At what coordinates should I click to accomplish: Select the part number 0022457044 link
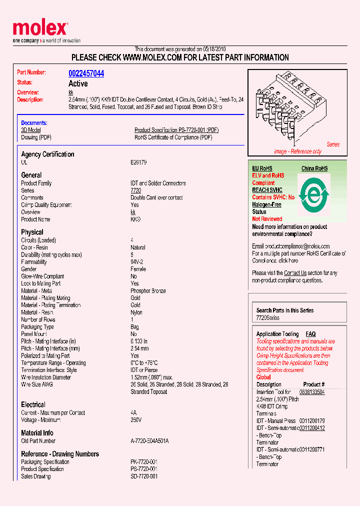pyautogui.click(x=86, y=73)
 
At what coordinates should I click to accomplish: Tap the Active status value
pyautogui.click(x=78, y=83)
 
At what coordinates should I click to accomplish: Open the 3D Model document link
pyautogui.click(x=30, y=130)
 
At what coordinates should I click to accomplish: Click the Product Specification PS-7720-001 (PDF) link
pyautogui.click(x=176, y=130)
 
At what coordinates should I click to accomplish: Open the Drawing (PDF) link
pyautogui.click(x=36, y=137)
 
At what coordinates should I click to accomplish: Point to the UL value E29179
pyautogui.click(x=138, y=162)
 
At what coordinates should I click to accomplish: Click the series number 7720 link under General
pyautogui.click(x=135, y=190)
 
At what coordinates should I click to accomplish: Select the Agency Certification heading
pyautogui.click(x=47, y=154)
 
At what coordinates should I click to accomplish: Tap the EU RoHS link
pyautogui.click(x=262, y=168)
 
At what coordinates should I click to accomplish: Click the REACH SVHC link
pyautogui.click(x=267, y=190)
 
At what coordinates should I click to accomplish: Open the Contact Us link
pyautogui.click(x=295, y=273)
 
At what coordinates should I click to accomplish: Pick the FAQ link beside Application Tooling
pyautogui.click(x=310, y=334)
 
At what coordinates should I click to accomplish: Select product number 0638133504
pyautogui.click(x=312, y=392)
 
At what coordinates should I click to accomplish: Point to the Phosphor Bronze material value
pyautogui.click(x=148, y=291)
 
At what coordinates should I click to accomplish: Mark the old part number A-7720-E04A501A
pyautogui.click(x=149, y=441)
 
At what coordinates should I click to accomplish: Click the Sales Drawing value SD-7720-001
pyautogui.click(x=144, y=476)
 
